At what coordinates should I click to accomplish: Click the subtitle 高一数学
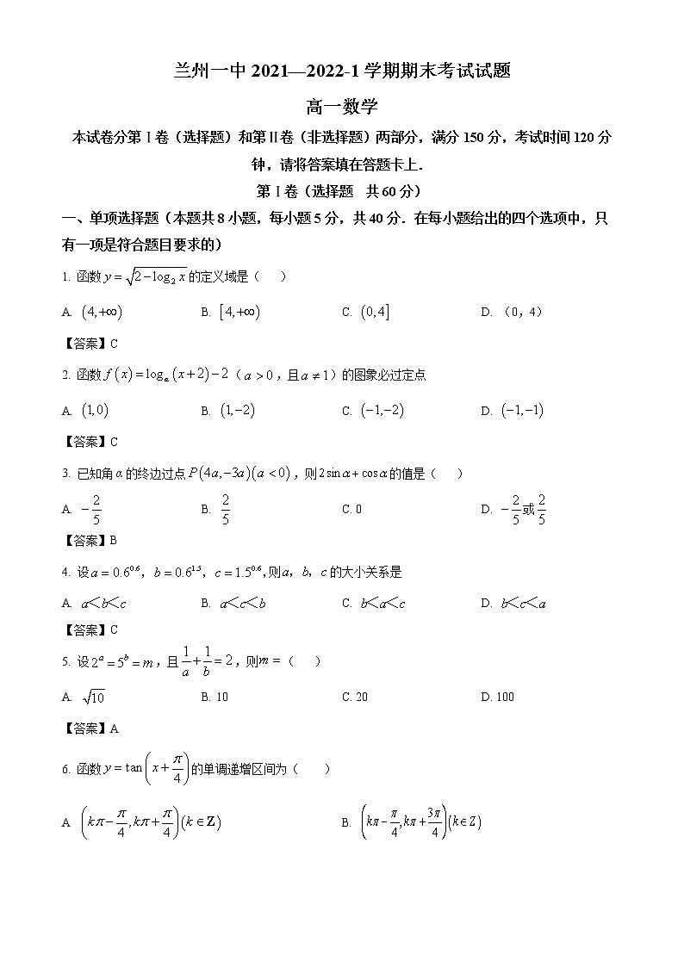pos(342,107)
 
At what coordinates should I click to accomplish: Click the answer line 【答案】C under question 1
pos(90,344)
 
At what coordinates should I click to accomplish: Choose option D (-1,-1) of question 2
pos(522,411)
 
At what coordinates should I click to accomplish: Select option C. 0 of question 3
pos(351,509)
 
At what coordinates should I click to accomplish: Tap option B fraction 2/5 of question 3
pos(226,509)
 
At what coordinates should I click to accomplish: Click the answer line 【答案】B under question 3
pos(90,541)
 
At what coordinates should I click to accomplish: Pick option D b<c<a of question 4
pos(523,604)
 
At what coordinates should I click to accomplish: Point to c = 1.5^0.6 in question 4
pos(238,572)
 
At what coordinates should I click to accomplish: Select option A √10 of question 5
pos(93,697)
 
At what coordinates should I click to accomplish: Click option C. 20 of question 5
pos(355,697)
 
